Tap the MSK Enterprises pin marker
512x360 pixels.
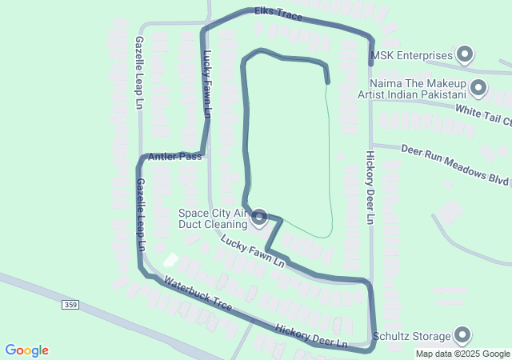click(465, 55)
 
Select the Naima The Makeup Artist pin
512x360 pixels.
click(478, 88)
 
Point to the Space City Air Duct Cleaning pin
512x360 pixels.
click(259, 218)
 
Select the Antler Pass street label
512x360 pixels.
click(175, 157)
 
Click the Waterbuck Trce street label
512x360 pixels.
click(198, 294)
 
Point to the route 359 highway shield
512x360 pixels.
click(70, 305)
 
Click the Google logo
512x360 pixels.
click(27, 350)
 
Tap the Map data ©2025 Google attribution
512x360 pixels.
click(462, 354)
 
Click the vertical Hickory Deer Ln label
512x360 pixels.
click(370, 187)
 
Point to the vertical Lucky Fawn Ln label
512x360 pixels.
click(206, 84)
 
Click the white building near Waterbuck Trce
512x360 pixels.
click(170, 260)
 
